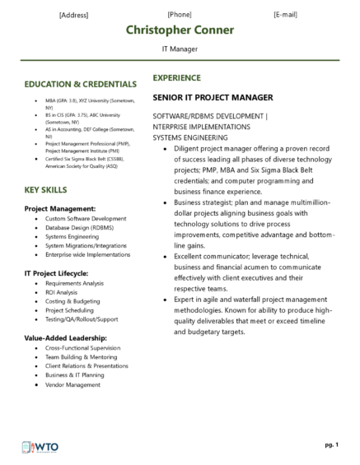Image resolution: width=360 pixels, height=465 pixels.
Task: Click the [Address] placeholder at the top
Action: click(x=74, y=15)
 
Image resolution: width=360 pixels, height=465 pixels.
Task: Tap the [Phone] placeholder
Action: click(x=180, y=14)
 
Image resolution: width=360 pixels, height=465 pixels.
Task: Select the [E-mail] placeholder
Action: click(x=285, y=14)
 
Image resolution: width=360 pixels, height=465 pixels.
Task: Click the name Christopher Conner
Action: click(x=180, y=30)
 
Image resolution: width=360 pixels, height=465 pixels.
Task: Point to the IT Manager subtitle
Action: click(x=180, y=49)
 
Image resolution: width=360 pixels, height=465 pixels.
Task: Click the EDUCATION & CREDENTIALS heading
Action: click(x=81, y=84)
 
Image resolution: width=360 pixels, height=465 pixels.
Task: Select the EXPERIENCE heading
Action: click(x=176, y=77)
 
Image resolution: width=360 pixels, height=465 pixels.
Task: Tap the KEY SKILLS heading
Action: click(x=48, y=190)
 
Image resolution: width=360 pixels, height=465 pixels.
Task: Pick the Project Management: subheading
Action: click(x=60, y=208)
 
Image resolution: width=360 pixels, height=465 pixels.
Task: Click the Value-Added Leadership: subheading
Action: click(x=65, y=337)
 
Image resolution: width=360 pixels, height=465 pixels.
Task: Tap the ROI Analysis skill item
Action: click(x=62, y=292)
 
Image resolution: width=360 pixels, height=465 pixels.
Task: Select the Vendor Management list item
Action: click(x=72, y=384)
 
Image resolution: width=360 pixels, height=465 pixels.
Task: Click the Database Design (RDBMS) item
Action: click(x=80, y=228)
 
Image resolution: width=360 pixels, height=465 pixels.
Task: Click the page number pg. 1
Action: click(x=331, y=444)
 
